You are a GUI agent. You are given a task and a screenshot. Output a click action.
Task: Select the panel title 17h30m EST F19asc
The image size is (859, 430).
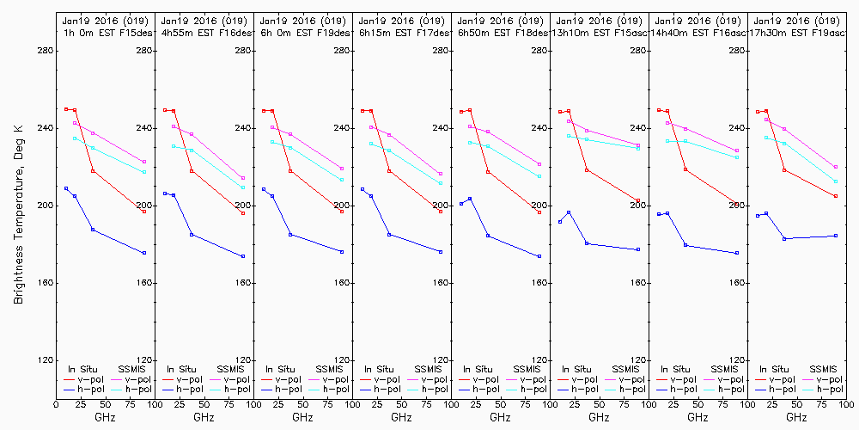pyautogui.click(x=797, y=32)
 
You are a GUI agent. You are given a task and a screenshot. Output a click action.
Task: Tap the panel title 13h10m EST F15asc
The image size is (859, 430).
pyautogui.click(x=599, y=32)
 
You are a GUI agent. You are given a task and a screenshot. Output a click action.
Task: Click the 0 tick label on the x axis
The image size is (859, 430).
pyautogui.click(x=56, y=402)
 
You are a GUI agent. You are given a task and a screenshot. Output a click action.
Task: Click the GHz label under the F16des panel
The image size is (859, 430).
pyautogui.click(x=204, y=417)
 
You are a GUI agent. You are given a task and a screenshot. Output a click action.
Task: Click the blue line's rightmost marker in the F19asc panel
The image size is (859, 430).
pyautogui.click(x=836, y=236)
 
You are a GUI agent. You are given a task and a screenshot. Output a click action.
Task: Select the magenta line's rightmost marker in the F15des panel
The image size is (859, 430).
pyautogui.click(x=144, y=162)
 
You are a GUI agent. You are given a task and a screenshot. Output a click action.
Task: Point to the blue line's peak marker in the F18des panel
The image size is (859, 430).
pyautogui.click(x=470, y=199)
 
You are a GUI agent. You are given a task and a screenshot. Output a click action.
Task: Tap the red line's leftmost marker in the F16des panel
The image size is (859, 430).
pyautogui.click(x=165, y=110)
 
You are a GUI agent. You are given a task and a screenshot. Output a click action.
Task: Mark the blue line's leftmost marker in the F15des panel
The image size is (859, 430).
pyautogui.click(x=66, y=188)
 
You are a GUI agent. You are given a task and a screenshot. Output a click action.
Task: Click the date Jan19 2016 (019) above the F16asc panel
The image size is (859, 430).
pyautogui.click(x=698, y=20)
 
